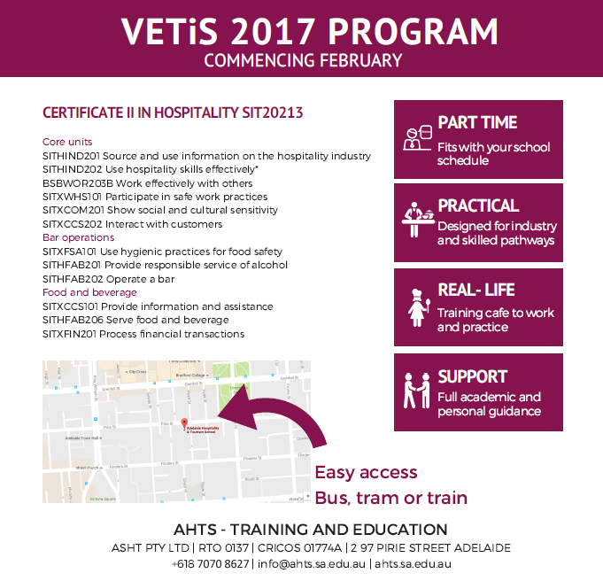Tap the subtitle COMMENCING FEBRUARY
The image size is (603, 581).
303,61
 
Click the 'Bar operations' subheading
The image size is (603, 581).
79,237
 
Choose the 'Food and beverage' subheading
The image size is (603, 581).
89,292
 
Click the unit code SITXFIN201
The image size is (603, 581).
69,334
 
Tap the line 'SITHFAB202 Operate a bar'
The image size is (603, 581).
108,278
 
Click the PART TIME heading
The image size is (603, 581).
477,123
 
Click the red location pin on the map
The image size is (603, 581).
184,424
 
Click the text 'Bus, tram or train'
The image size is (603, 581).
390,498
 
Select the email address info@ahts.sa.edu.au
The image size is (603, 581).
313,563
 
